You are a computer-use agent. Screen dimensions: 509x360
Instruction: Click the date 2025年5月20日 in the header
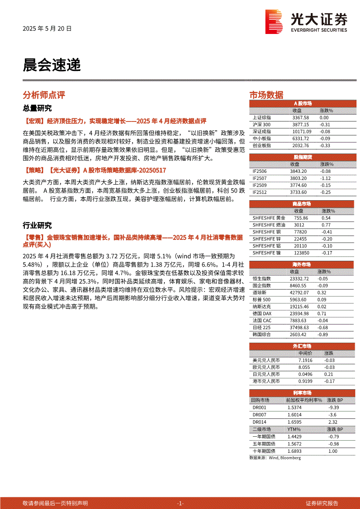coord(47,29)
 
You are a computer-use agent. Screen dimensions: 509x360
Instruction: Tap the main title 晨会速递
coord(51,65)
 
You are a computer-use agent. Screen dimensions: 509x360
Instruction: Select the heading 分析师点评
coord(44,95)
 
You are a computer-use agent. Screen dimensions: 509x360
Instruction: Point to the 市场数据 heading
coord(266,95)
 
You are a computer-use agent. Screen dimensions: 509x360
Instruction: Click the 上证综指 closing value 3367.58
coord(301,118)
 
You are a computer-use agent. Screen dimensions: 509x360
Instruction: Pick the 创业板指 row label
coord(262,145)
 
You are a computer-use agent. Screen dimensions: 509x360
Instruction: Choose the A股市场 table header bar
coord(302,104)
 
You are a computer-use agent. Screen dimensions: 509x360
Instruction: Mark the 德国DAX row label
coord(262,313)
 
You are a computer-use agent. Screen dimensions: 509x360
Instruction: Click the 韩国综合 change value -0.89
coord(323,334)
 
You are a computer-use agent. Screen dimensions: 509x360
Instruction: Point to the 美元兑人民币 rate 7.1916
coord(306,361)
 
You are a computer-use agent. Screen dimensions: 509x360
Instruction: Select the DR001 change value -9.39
coord(333,408)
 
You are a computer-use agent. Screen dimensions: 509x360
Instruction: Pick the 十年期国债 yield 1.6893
coord(295,451)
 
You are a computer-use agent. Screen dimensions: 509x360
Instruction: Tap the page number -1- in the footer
coord(180,503)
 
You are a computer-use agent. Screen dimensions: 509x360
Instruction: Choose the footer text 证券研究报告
coord(322,503)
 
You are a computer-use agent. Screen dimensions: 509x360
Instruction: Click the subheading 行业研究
coord(37,226)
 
